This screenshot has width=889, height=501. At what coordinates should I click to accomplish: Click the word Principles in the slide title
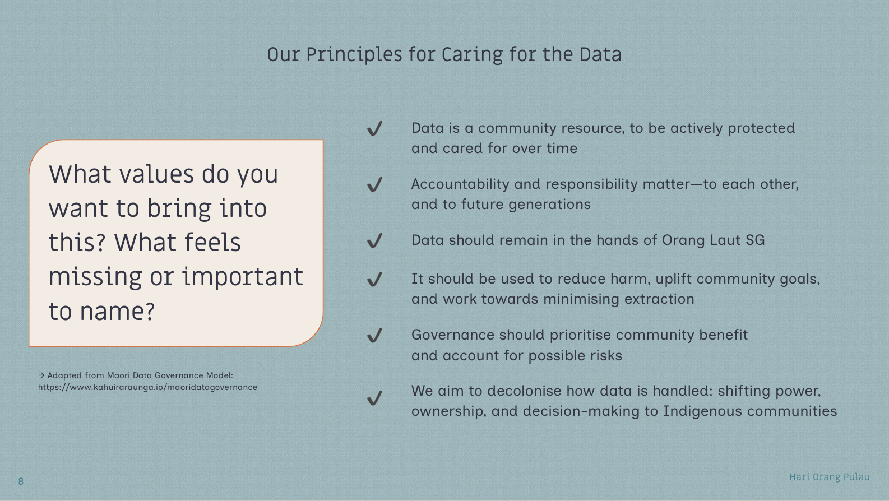tap(354, 55)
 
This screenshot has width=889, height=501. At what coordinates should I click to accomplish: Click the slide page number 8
tap(21, 481)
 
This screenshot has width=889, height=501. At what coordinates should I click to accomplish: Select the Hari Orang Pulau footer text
tap(829, 477)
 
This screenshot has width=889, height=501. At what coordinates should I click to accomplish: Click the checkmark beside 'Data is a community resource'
tap(374, 128)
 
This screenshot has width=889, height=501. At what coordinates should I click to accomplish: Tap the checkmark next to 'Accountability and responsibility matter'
tap(374, 184)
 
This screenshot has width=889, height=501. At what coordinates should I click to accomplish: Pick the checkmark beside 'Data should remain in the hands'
tap(374, 240)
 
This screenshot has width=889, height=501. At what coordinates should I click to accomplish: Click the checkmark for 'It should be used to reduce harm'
tap(374, 279)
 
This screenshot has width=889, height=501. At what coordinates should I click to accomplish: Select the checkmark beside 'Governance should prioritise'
tap(374, 335)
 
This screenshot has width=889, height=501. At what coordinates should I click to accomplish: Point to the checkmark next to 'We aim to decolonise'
tap(374, 398)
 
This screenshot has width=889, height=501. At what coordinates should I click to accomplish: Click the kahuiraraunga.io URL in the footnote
tap(147, 388)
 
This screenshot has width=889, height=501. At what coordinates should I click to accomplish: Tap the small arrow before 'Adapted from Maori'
tap(41, 375)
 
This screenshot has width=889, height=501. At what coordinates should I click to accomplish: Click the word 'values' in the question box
tap(156, 174)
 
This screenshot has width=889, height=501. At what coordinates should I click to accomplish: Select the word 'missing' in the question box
tap(95, 277)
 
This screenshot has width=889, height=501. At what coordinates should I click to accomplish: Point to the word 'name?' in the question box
tap(117, 312)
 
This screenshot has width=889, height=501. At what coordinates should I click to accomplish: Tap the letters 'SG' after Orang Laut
tap(755, 240)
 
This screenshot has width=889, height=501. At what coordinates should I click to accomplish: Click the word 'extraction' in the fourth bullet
tap(659, 299)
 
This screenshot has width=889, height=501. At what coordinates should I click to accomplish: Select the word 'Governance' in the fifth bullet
tap(453, 335)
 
